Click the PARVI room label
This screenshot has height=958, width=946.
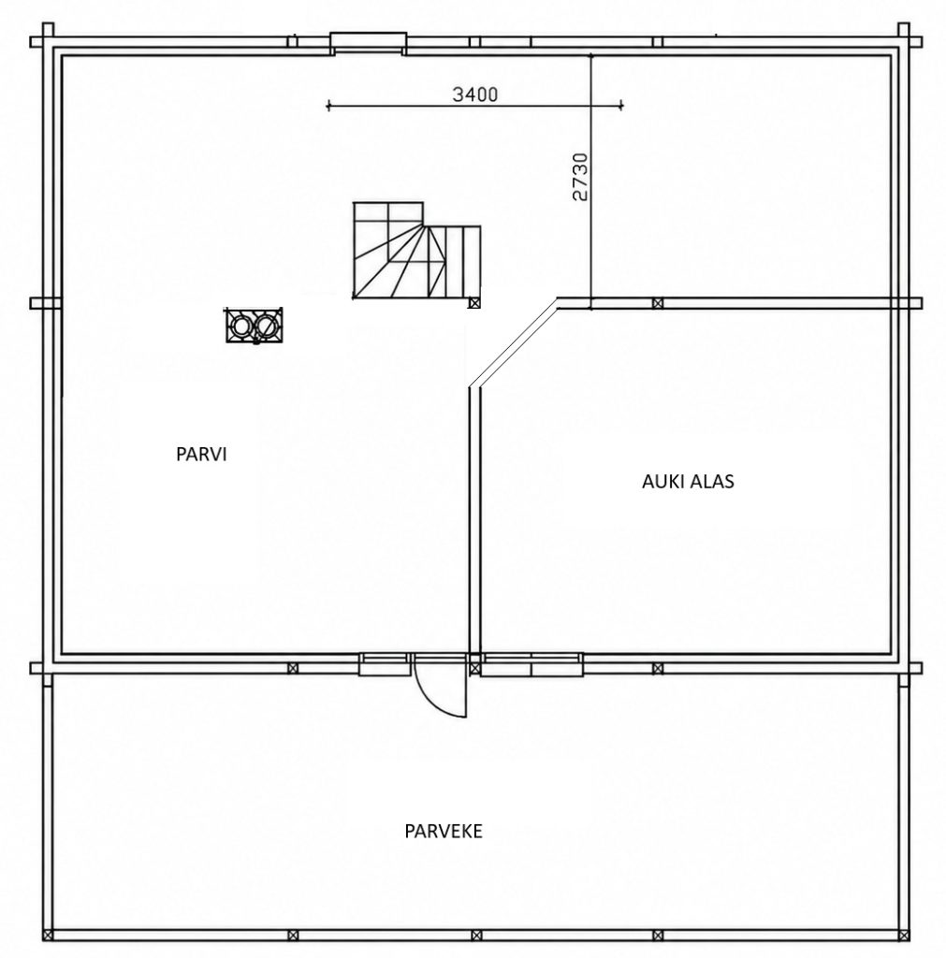(201, 455)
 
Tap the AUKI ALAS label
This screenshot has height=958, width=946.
(688, 482)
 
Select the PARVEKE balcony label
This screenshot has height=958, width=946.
(443, 831)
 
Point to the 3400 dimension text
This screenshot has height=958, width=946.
(474, 94)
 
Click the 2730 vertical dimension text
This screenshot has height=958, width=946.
(580, 177)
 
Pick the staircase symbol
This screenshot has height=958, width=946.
(416, 251)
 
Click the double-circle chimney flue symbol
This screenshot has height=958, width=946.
(255, 325)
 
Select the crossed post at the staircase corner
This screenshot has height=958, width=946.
(474, 302)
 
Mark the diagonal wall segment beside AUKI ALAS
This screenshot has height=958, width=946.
(514, 344)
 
